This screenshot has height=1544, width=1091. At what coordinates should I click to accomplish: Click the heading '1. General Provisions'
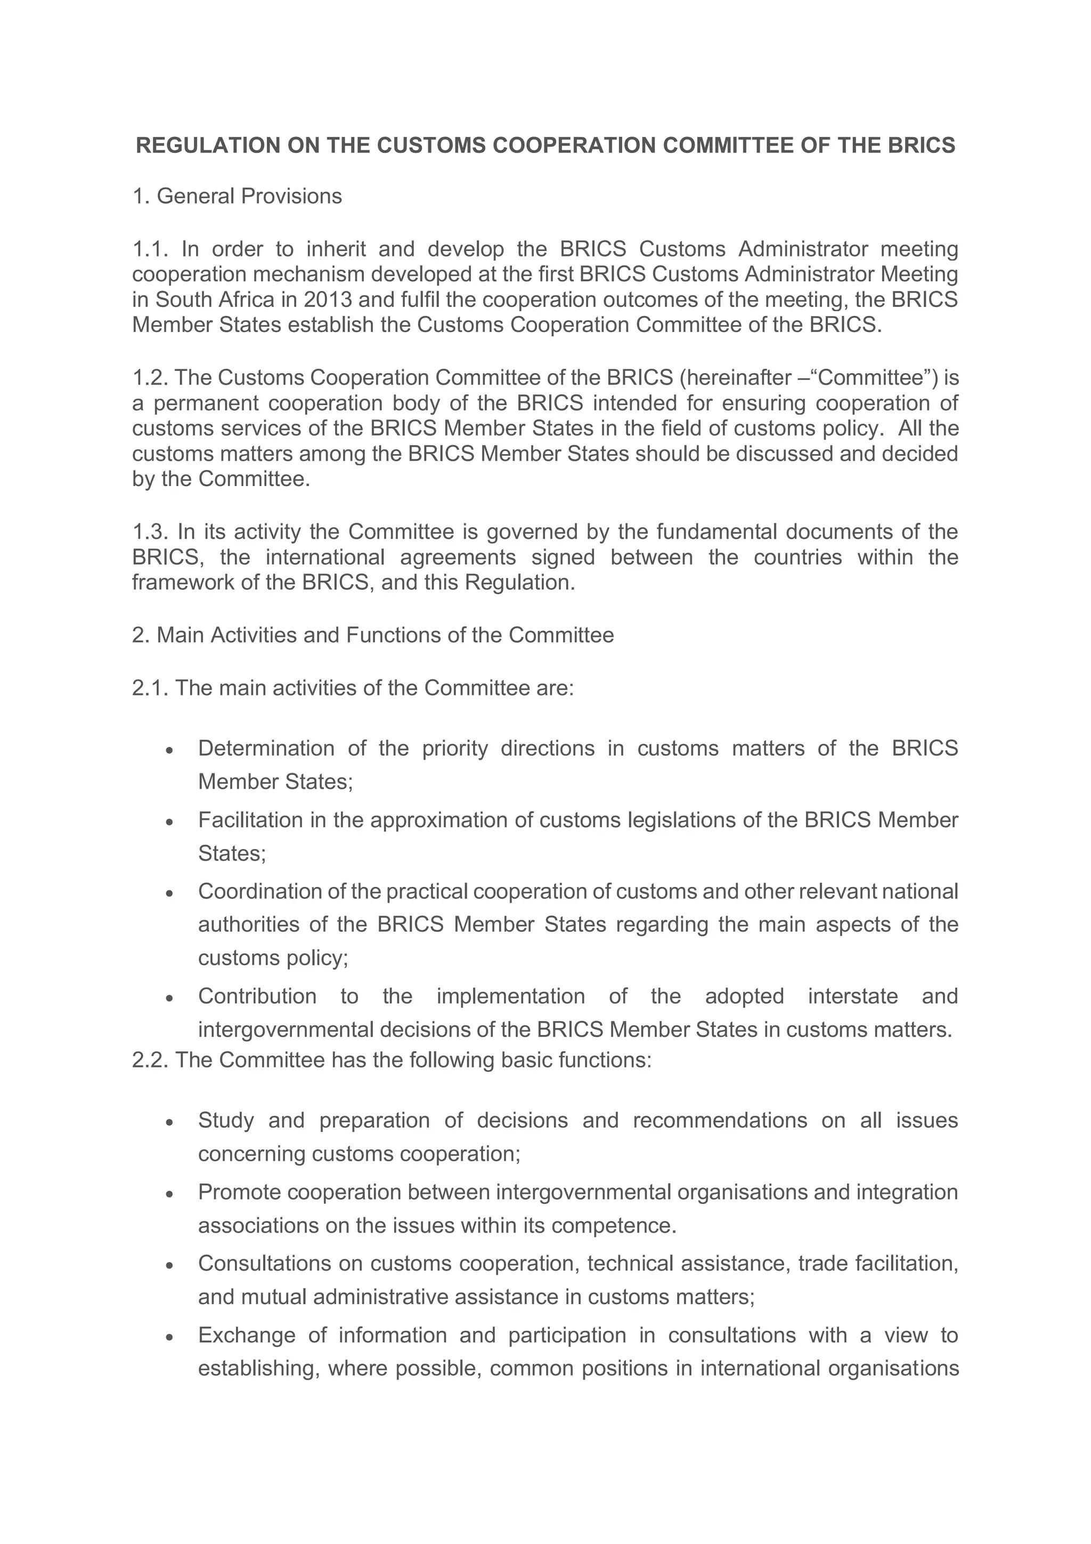[x=237, y=196]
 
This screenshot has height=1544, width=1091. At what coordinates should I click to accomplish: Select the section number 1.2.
[x=150, y=378]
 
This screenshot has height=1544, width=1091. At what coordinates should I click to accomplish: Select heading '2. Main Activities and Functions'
[x=372, y=635]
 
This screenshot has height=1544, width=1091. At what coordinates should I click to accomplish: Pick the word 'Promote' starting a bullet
[x=239, y=1192]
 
